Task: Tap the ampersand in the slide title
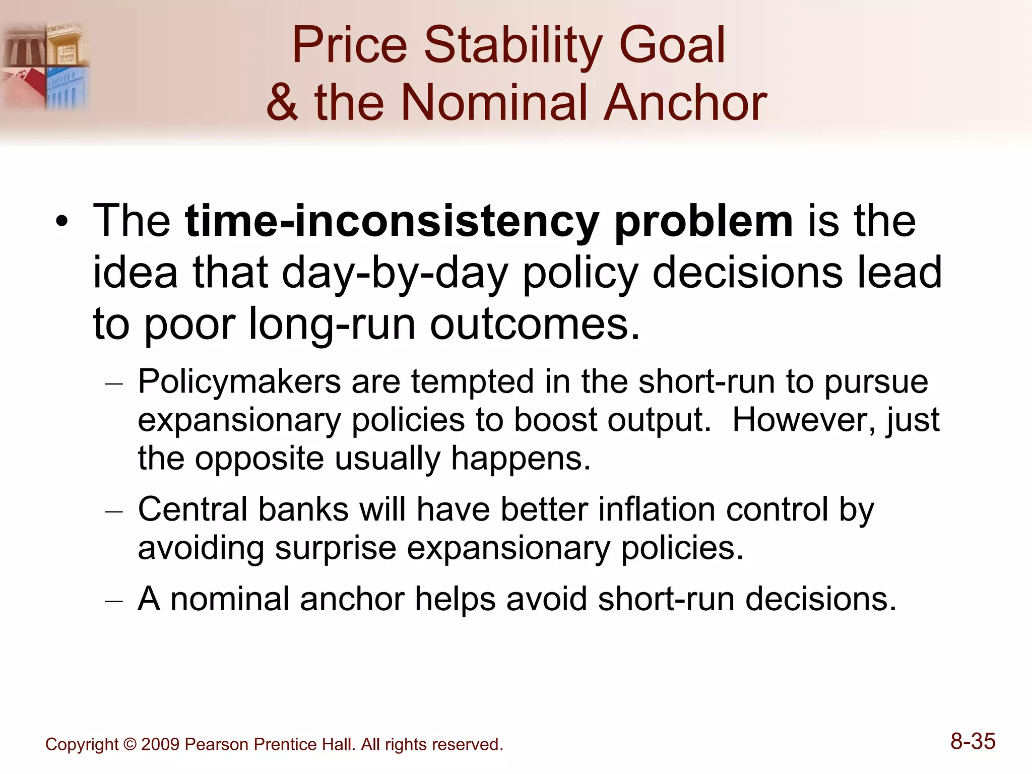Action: point(282,103)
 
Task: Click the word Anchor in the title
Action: point(685,103)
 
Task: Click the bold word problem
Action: point(703,221)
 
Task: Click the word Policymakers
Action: point(239,381)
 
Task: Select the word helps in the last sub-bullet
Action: point(455,599)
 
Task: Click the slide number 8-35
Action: point(973,741)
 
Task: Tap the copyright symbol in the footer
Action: point(130,745)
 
